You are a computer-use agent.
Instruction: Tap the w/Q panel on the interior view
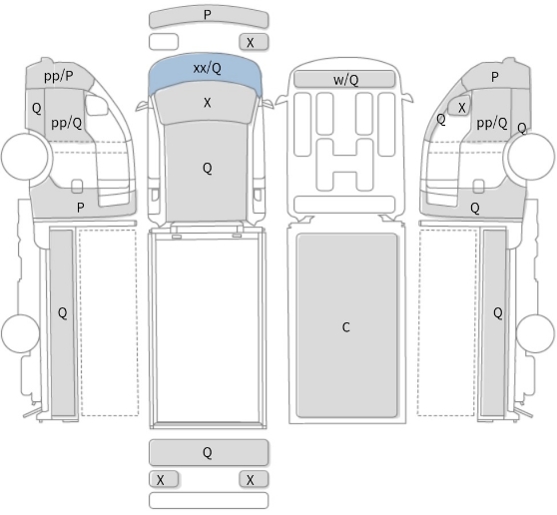tap(344, 79)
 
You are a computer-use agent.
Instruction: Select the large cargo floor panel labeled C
tap(346, 325)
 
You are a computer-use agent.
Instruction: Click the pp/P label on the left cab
tap(59, 76)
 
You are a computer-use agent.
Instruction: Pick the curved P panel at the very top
tap(209, 17)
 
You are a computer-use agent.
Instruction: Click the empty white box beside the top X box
tap(164, 42)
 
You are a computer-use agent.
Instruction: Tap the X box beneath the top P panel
tap(254, 42)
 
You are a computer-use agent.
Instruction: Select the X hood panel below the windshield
tap(207, 103)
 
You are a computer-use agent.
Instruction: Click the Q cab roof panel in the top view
tap(206, 173)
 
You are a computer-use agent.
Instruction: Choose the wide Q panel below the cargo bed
tap(209, 452)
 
